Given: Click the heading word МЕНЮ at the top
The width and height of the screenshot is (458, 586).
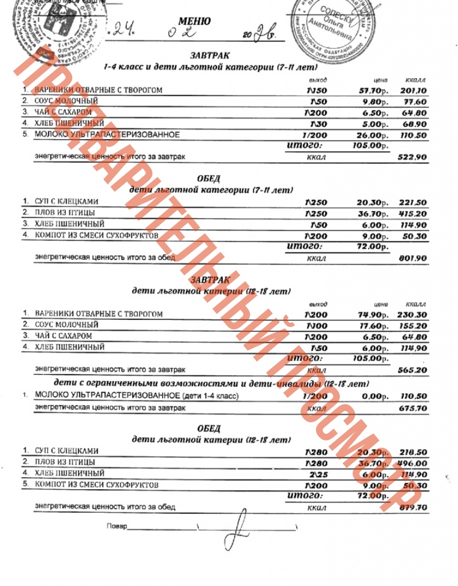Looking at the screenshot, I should [194, 22].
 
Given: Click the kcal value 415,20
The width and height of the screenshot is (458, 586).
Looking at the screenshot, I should [413, 213].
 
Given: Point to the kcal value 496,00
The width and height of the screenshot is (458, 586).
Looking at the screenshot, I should [413, 464].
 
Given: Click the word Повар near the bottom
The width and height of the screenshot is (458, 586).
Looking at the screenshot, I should [117, 525].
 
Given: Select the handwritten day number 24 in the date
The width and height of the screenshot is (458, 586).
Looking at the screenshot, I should [123, 29].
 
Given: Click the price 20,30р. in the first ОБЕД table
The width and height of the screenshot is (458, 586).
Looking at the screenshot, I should [373, 202].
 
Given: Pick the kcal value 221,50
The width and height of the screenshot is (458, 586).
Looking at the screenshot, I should [413, 202].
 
